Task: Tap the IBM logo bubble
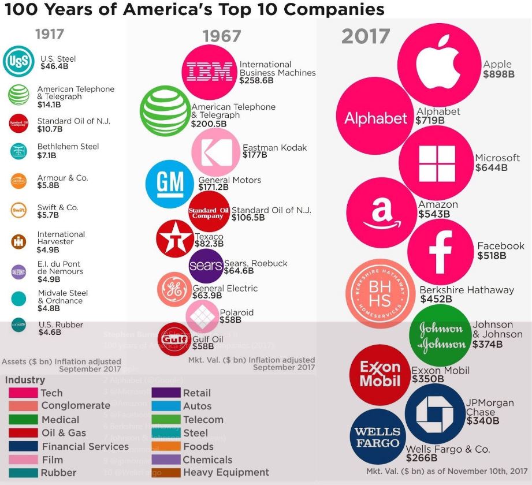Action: (209, 72)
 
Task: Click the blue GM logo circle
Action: (170, 184)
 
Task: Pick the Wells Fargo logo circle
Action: (377, 438)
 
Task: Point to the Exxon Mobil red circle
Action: (380, 374)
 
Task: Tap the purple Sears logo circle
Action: (206, 266)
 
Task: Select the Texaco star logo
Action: (174, 238)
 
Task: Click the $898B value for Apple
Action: (498, 74)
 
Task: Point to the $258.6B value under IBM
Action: (256, 81)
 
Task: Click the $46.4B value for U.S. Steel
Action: (54, 66)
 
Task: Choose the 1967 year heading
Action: (221, 36)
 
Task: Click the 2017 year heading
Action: (366, 36)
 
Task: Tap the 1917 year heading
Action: (49, 34)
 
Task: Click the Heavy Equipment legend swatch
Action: (166, 473)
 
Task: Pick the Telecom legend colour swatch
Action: (166, 420)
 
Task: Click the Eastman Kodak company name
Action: (274, 148)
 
